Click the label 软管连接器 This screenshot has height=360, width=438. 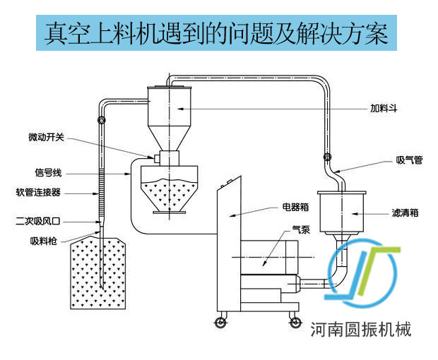38,192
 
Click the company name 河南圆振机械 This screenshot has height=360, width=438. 361,328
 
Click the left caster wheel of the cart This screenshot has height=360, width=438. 220,323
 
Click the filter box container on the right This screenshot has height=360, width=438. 342,211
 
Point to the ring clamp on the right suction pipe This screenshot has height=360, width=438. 326,157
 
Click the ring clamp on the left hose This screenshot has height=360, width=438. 102,121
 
